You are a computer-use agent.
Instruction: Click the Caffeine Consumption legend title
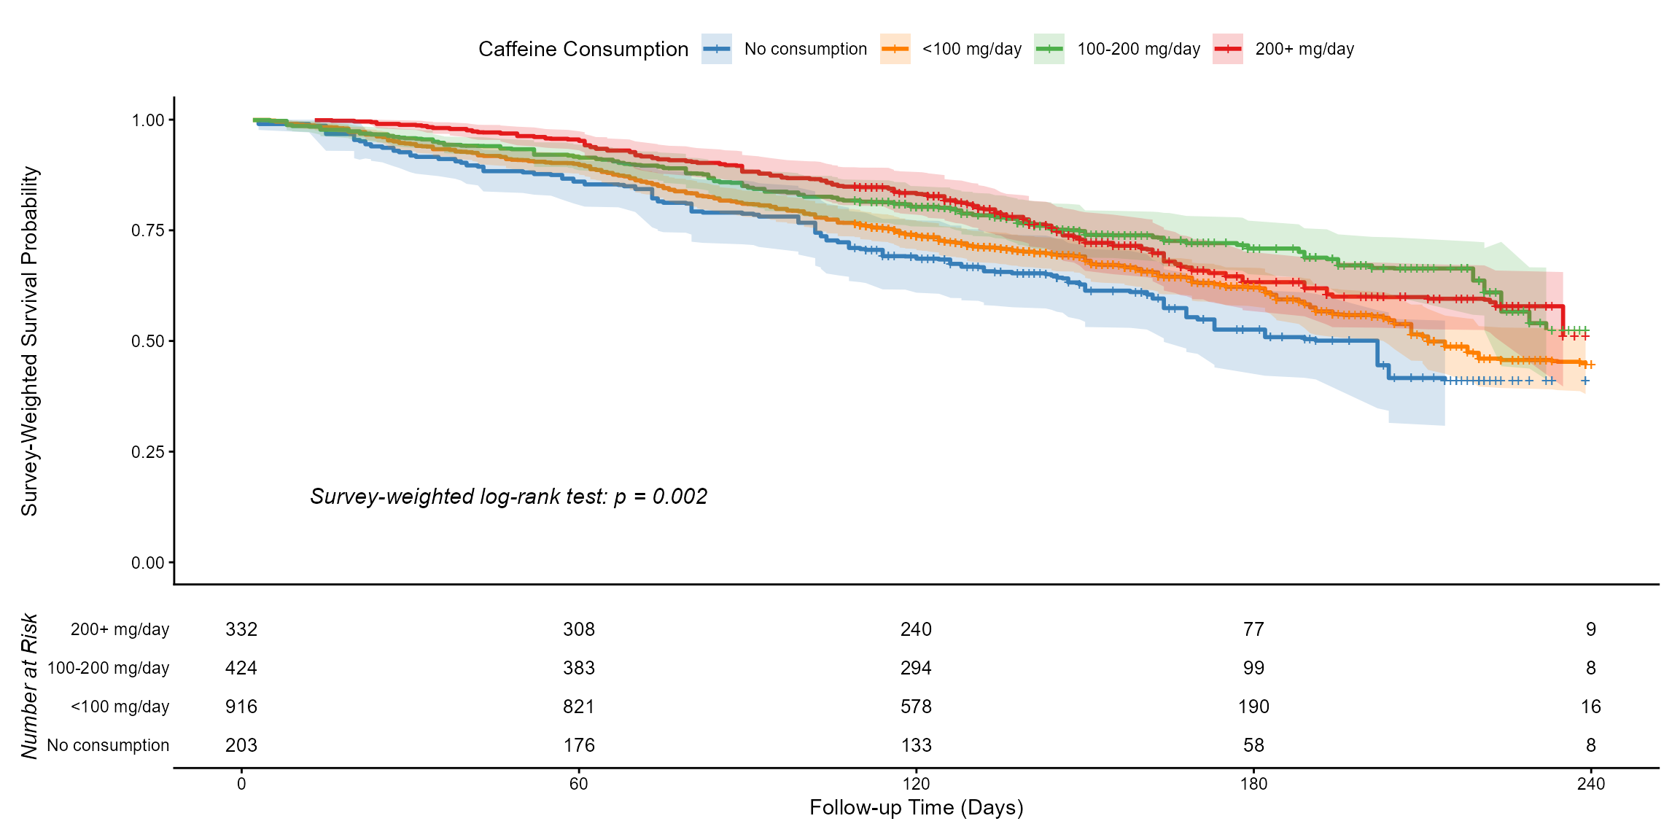coord(583,49)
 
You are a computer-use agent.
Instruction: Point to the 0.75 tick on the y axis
coord(147,230)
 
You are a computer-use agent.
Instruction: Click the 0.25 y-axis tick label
coord(147,452)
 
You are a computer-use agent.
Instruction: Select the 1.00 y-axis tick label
coord(147,120)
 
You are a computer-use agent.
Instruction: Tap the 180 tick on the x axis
coord(1253,784)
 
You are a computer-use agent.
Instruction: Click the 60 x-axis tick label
coord(578,784)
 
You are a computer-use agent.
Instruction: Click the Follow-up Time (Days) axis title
coord(916,808)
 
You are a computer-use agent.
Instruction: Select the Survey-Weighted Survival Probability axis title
coord(29,341)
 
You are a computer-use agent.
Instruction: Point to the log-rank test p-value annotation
coord(508,497)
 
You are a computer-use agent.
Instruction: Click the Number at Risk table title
coord(29,686)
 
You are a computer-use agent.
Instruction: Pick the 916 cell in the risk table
coord(241,707)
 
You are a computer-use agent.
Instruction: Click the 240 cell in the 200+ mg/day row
coord(916,629)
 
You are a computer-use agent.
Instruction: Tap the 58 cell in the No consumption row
coord(1253,745)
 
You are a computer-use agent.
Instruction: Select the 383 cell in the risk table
coord(578,668)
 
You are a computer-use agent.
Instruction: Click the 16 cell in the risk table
coord(1590,707)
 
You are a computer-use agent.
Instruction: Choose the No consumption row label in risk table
coord(108,745)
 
